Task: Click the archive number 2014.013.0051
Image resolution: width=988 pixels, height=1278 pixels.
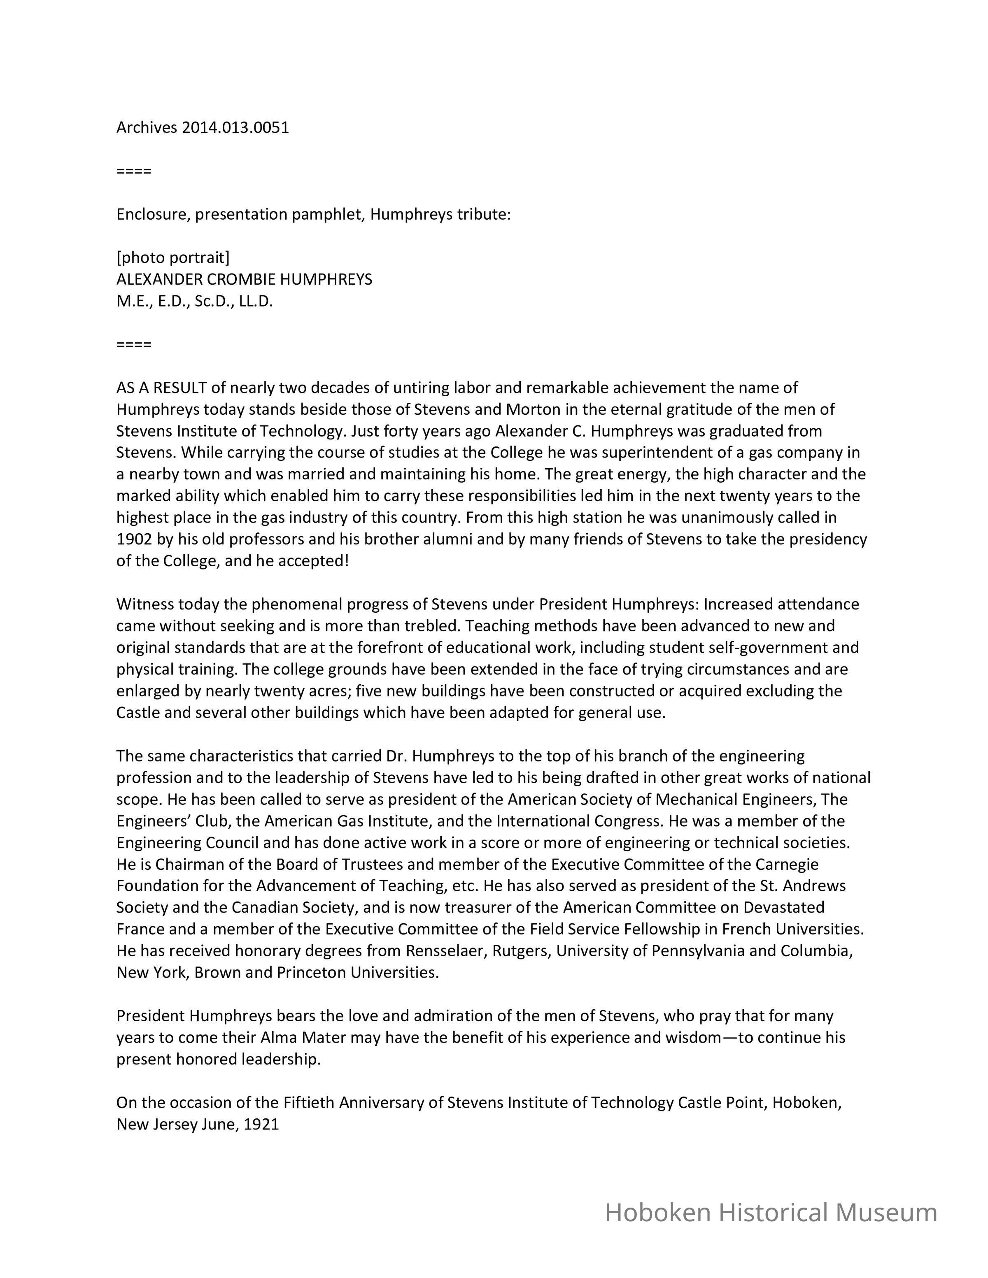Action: (x=235, y=128)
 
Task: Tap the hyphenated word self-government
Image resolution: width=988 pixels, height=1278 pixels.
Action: (x=771, y=647)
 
